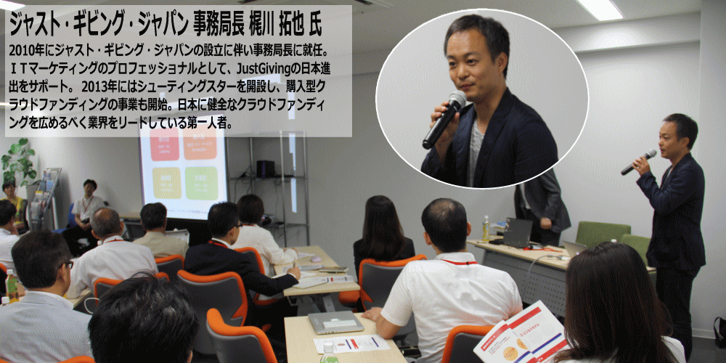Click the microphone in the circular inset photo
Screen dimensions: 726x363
click(444, 120)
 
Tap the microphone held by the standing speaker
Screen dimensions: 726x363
click(638, 162)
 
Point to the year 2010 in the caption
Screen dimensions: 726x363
click(20, 50)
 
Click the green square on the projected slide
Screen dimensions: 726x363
click(201, 183)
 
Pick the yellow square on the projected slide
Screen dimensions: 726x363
click(166, 183)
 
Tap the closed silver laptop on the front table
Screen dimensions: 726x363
click(335, 322)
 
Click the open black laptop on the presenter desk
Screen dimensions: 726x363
click(516, 232)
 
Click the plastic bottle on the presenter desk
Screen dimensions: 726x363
click(486, 228)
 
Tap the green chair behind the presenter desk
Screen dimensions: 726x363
click(602, 234)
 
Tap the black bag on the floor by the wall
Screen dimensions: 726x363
click(719, 332)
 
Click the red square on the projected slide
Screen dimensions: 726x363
click(164, 144)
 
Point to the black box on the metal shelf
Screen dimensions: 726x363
click(266, 168)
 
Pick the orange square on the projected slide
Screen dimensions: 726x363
click(200, 144)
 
